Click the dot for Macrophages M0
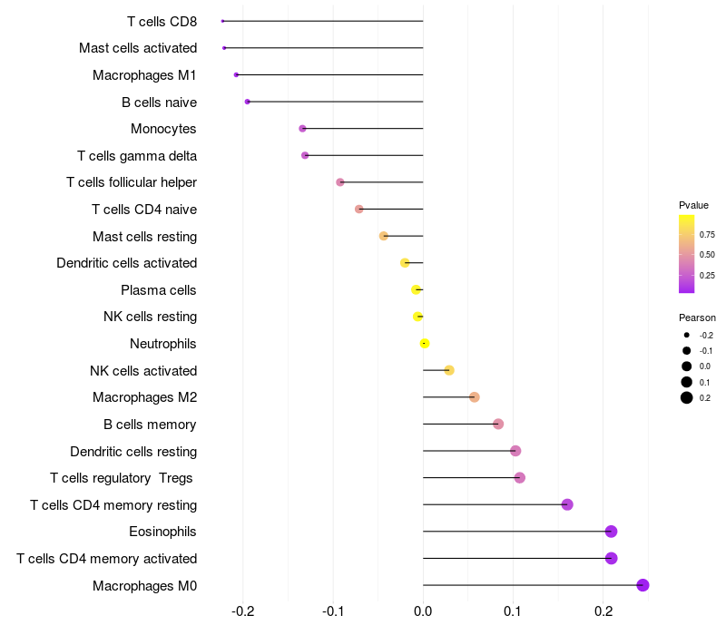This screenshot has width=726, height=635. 643,585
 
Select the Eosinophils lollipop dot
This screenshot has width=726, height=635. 611,532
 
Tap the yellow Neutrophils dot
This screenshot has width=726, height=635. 424,343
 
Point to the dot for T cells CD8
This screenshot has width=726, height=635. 222,21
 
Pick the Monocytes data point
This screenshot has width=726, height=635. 302,129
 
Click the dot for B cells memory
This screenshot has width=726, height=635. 497,424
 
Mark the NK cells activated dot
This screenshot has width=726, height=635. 449,370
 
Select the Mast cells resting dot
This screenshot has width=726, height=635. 383,236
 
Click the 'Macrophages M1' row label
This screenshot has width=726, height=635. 144,75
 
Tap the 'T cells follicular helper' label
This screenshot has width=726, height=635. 132,182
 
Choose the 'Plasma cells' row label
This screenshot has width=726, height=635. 159,290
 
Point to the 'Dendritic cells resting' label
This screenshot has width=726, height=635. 133,451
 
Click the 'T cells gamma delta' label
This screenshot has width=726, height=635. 137,156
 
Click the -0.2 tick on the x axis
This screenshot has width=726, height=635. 243,612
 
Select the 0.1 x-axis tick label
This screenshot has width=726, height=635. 513,612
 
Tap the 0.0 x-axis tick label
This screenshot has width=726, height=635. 423,612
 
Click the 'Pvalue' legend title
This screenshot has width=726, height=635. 693,205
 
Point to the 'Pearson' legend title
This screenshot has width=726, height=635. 697,317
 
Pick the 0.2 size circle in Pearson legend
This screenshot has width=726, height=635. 687,398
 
